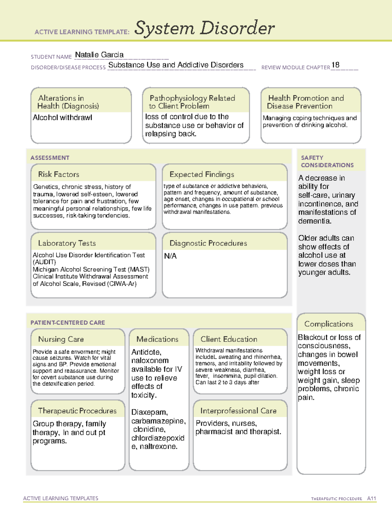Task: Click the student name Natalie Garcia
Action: point(99,55)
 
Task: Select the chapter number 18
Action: point(335,65)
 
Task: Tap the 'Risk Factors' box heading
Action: point(58,174)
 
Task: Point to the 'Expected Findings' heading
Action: point(202,174)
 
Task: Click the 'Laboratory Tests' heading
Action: point(67,243)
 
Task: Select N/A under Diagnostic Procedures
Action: point(170,256)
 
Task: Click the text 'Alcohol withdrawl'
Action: point(62,117)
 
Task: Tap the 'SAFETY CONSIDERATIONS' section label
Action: point(327,162)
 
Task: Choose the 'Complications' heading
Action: point(328,324)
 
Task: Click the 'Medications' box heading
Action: point(157,339)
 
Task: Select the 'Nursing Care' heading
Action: point(61,339)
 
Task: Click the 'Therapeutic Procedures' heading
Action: point(77,411)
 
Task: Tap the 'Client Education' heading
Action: point(229,339)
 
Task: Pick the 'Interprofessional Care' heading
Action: point(238,411)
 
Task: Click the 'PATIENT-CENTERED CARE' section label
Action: point(68,323)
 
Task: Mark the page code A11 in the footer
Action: point(371,499)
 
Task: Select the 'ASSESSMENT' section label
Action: point(50,158)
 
